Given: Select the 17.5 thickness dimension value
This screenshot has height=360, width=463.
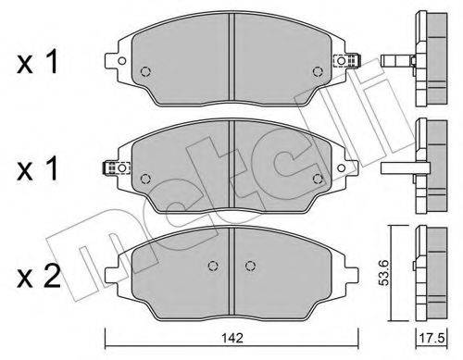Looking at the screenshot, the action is coord(432,339).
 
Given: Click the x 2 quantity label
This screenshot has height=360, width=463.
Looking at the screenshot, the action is coord(38,277).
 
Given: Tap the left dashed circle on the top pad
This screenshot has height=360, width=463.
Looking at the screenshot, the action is coord(145,71).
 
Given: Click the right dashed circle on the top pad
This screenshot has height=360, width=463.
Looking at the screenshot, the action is coord(318,71).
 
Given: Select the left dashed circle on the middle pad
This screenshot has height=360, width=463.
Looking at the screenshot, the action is coord(145,179).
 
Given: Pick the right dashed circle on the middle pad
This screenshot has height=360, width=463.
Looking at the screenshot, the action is coord(318,179).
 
